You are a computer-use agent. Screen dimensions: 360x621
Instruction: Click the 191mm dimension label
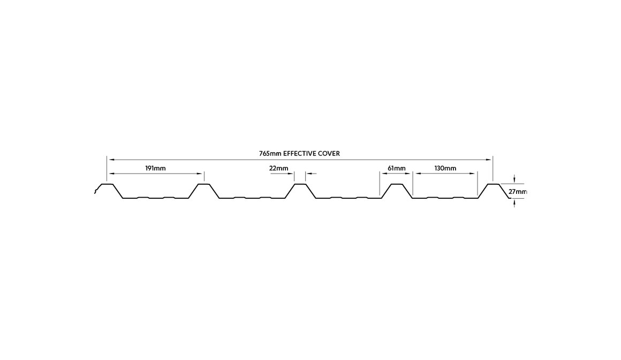(x=155, y=168)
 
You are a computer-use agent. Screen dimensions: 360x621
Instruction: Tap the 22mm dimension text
(x=278, y=168)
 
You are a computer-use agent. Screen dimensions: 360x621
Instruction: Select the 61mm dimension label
(x=396, y=168)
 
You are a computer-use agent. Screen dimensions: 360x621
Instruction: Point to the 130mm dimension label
(x=445, y=168)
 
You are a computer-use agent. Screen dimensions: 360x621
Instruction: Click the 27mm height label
(x=518, y=191)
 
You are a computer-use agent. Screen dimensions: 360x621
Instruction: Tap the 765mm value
(x=270, y=153)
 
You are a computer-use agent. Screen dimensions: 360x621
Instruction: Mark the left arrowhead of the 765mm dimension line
(x=110, y=159)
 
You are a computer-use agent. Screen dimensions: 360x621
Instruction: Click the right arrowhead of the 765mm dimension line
(x=490, y=159)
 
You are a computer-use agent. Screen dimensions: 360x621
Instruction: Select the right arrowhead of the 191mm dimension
(x=201, y=174)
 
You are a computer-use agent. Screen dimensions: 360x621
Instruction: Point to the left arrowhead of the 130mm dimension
(x=415, y=174)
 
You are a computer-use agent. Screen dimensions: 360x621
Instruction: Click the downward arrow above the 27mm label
(x=514, y=181)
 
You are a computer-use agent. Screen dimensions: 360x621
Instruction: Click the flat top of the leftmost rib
(x=107, y=184)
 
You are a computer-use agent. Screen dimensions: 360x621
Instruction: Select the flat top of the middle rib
(x=300, y=184)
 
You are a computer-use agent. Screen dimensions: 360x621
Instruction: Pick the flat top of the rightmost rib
(x=493, y=184)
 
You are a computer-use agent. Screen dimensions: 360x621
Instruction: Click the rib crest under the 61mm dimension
(x=396, y=184)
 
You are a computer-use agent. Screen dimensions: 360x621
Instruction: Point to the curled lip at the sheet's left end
(x=96, y=190)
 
